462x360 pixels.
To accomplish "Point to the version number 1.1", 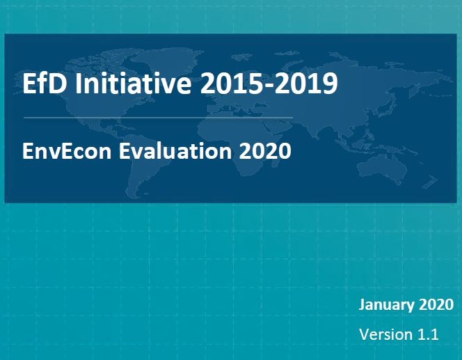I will coord(428,334).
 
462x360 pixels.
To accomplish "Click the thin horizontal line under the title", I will coord(158,118).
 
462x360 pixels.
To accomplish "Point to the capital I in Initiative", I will coord(79,84).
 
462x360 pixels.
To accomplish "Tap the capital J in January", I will coord(363,305).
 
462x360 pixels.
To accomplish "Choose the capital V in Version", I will coord(364,334).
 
